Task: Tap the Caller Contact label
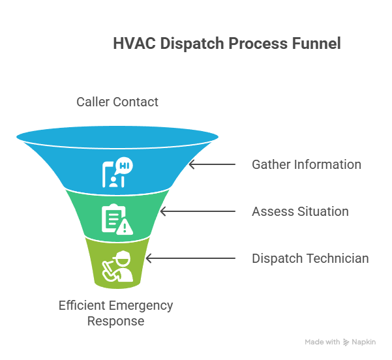(117, 102)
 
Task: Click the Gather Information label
(307, 164)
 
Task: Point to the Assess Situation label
(300, 211)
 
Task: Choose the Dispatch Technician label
(310, 258)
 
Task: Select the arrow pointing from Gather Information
(212, 164)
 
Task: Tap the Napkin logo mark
(346, 342)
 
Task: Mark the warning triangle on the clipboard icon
(125, 226)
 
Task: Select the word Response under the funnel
(116, 321)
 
